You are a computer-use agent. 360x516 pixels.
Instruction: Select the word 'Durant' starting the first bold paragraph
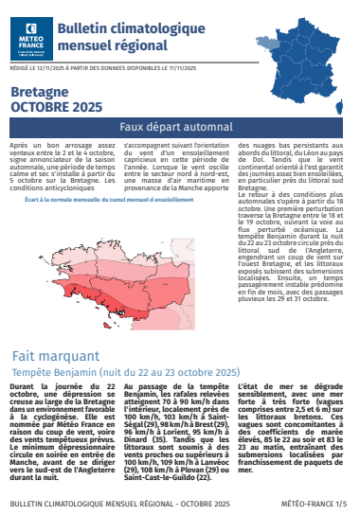click(24, 388)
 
